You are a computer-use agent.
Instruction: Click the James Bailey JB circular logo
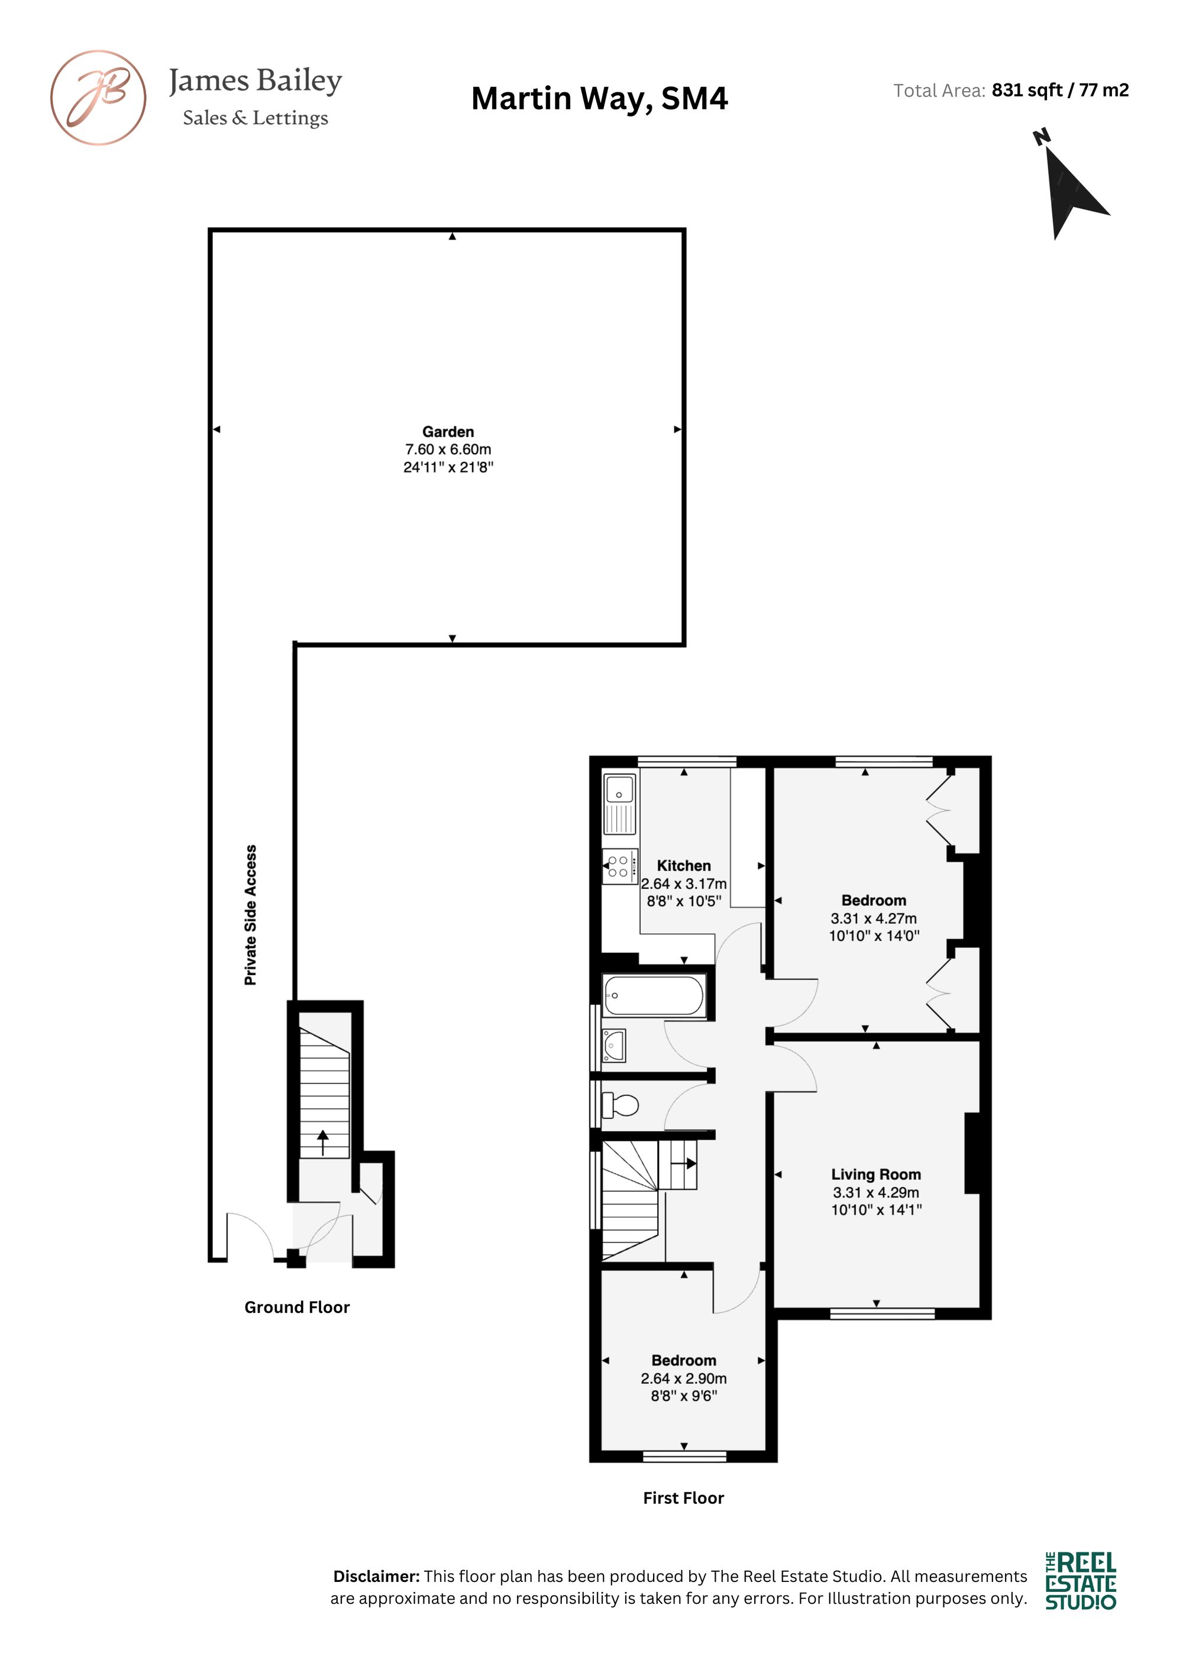[98, 98]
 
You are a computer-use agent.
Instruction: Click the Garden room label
[448, 432]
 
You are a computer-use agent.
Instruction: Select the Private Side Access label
[251, 915]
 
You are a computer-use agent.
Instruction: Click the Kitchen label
[684, 866]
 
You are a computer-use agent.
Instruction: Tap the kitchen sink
[619, 804]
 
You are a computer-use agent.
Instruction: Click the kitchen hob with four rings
[619, 866]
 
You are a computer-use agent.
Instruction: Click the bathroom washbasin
[614, 1046]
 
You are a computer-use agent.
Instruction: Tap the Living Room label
[876, 1174]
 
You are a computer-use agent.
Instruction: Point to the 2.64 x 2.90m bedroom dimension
[684, 1378]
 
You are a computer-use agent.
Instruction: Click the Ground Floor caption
[297, 1307]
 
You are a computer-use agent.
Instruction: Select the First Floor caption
[684, 1498]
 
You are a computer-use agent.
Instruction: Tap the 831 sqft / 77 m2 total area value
[1061, 90]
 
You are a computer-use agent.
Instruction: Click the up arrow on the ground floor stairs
[323, 1143]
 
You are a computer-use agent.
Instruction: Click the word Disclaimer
[376, 1576]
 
